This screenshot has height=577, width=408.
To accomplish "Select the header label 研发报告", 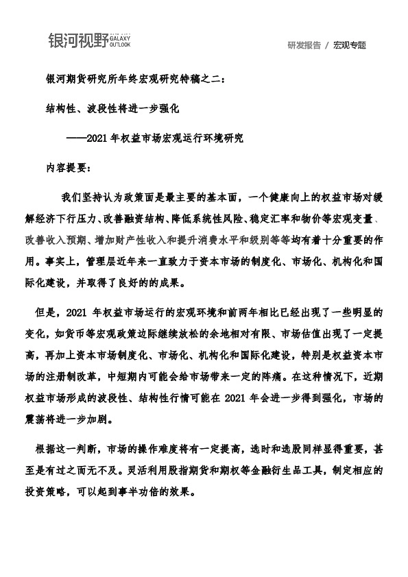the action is coord(304,45).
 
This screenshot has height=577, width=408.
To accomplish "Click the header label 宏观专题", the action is coord(350,45).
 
